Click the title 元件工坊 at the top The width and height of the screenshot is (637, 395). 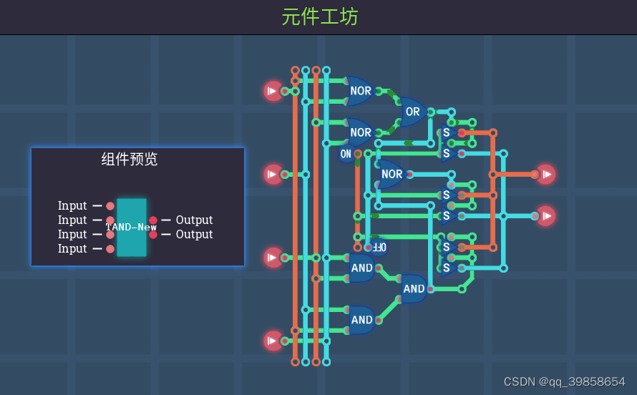coord(319,17)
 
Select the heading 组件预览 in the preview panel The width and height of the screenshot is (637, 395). coord(130,160)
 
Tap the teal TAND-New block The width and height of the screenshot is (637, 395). coord(132,228)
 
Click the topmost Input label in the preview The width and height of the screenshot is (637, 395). coord(72,206)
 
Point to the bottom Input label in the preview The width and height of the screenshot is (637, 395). coord(72,249)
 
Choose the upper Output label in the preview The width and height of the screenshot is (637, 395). coord(194,220)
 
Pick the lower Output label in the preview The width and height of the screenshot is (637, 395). coord(194,235)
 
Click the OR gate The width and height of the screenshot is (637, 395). coord(412,112)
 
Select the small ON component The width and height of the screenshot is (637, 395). coord(346,154)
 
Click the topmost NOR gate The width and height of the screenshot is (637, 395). coord(360,91)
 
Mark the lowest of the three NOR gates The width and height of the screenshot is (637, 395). coord(392,174)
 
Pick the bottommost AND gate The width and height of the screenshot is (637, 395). coord(361,320)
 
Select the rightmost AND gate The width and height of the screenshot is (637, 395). coord(414,289)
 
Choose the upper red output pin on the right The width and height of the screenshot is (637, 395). coord(546,174)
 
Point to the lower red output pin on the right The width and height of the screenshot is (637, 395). coord(546,215)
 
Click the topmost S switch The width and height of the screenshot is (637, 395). coord(447,132)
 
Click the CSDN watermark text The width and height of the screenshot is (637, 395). coord(564,381)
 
